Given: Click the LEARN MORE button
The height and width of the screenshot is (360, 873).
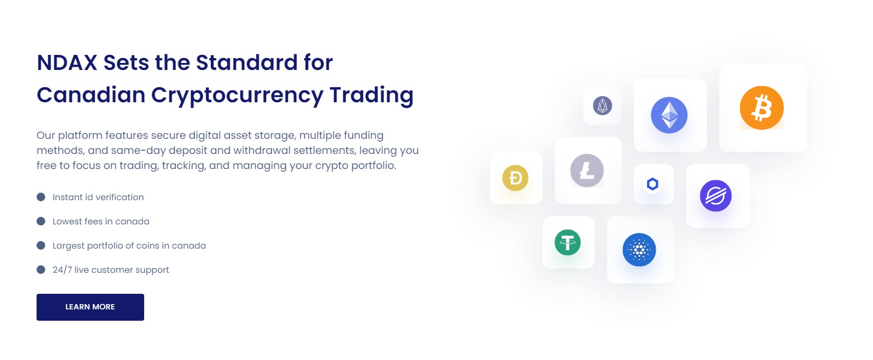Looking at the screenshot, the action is pos(90,307).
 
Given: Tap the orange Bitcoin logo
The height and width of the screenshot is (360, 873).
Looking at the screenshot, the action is pos(762,108).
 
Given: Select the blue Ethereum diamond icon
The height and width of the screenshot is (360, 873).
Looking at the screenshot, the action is pos(669,115).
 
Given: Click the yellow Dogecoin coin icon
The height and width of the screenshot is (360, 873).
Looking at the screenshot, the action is pos(515,178).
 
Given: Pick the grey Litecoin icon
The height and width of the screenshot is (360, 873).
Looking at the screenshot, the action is pos(587,171).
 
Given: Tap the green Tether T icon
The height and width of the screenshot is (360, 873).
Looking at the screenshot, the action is pos(567,242).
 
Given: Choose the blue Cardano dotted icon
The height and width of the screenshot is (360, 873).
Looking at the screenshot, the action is pos(639,250).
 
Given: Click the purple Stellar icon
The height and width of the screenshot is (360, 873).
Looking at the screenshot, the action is pos(715,196).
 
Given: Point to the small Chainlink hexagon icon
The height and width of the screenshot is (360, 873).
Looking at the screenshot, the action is pos(653,183).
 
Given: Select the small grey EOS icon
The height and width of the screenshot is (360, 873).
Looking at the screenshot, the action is pos(602,105).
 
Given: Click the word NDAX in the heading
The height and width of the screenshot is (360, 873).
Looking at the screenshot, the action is pos(67,62).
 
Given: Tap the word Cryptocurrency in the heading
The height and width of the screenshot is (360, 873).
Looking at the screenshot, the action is pos(237,96).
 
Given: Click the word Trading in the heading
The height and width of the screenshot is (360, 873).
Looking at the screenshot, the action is pos(371,96).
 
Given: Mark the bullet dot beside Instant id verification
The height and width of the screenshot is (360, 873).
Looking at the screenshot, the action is pos(41,197).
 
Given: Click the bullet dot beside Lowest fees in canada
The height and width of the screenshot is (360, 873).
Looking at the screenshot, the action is pos(41,221).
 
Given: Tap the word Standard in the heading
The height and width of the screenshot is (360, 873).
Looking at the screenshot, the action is pos(247,62).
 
